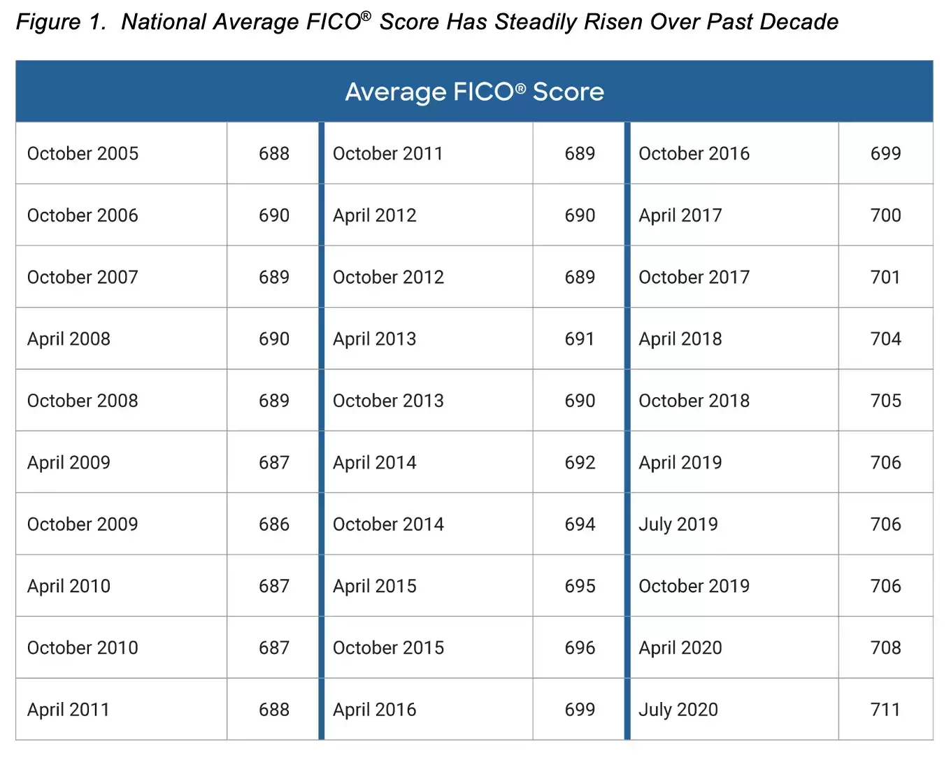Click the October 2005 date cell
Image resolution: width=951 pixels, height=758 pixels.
pos(83,154)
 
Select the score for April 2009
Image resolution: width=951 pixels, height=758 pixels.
pos(273,463)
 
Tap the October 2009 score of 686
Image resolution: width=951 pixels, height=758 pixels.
pos(273,524)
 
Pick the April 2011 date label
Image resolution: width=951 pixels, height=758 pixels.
pos(69,710)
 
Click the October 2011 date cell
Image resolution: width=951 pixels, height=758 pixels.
pos(388,154)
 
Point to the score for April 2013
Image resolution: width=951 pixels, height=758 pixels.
pos(580,339)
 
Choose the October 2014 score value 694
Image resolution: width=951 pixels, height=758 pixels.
pos(580,524)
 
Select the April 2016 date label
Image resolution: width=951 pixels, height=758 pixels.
pos(375,710)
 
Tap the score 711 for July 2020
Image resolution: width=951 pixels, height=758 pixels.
pos(885,710)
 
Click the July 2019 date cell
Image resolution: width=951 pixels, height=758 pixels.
pos(678,524)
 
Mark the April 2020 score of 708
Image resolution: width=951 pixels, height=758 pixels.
pos(885,648)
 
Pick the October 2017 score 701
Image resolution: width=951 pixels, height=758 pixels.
pos(885,278)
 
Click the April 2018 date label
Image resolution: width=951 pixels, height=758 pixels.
pos(680,339)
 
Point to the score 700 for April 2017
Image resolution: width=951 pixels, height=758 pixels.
pos(885,215)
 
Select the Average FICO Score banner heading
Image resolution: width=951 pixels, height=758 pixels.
pos(475,92)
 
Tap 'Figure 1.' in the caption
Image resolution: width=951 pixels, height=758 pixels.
pos(61,22)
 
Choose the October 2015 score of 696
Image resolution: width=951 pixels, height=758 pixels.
pos(580,648)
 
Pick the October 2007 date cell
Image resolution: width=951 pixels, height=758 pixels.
pos(83,278)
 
